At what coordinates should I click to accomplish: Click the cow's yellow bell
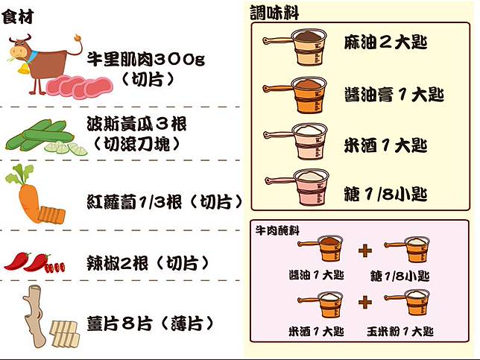[23, 69]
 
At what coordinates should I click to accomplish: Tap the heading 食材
[17, 16]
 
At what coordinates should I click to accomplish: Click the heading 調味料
[274, 13]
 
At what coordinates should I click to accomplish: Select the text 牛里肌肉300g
[146, 59]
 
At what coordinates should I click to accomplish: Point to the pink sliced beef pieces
[80, 87]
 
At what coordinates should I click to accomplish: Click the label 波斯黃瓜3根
[137, 124]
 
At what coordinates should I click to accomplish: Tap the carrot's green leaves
[19, 174]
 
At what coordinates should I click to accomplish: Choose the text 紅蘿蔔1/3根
[134, 202]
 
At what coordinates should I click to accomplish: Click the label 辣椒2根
[118, 263]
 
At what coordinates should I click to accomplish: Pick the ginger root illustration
[34, 315]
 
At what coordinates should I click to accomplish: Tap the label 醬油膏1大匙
[394, 94]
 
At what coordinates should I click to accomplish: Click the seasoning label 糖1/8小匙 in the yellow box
[385, 194]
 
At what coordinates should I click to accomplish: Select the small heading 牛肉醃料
[277, 230]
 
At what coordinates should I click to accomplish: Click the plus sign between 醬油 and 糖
[365, 250]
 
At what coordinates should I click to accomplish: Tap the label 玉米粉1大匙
[400, 331]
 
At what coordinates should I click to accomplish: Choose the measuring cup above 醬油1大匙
[320, 248]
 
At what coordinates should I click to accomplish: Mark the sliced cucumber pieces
[66, 148]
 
